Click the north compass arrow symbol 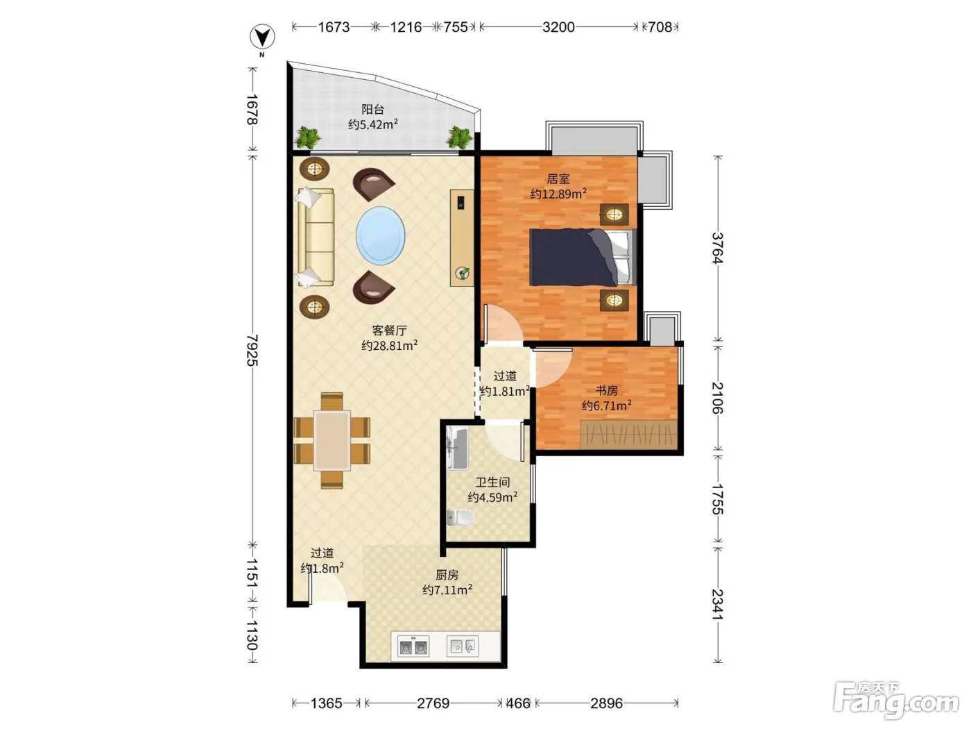[262, 37]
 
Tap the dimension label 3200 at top [558, 28]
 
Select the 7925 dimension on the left [252, 350]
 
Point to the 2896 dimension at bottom [606, 703]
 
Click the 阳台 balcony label [372, 109]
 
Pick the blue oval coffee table [381, 235]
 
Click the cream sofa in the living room [316, 237]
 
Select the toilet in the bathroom [461, 517]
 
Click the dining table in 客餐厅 [332, 440]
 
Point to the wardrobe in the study [628, 434]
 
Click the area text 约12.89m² [558, 194]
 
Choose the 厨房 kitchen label [447, 575]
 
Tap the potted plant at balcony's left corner [308, 137]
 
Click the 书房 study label [606, 390]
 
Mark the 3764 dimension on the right [718, 248]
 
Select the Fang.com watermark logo [896, 701]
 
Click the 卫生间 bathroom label [492, 482]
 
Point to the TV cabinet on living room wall [462, 237]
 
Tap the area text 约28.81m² [389, 345]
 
